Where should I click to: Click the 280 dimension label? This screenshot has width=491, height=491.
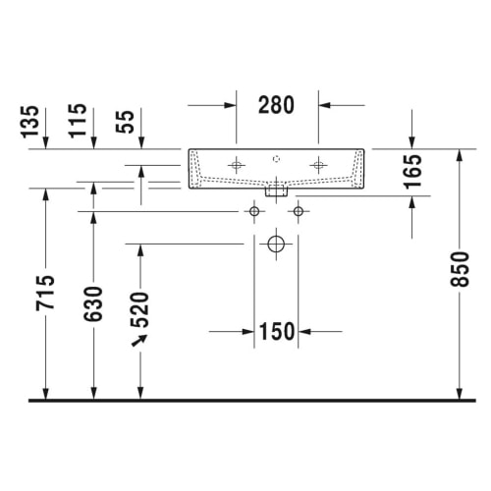point(276,105)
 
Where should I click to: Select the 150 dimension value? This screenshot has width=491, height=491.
point(277,331)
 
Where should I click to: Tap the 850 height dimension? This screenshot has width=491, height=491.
point(460,269)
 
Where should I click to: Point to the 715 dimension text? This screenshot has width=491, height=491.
point(45,293)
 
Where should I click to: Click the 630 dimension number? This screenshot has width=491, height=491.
point(93,303)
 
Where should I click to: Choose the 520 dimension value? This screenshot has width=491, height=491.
point(139,309)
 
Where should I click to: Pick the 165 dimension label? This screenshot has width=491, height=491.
point(412,172)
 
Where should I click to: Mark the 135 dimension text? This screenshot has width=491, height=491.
point(29,122)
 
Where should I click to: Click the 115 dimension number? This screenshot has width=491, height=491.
point(78,121)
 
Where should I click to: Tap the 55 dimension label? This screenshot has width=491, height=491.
point(125,122)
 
